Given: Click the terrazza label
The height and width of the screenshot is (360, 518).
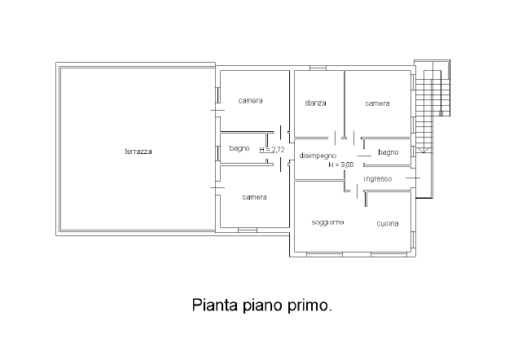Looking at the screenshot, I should tap(138, 151).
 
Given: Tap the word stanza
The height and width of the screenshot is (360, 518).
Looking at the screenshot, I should tap(315, 103).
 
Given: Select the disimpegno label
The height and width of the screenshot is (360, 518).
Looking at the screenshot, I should tap(318, 155).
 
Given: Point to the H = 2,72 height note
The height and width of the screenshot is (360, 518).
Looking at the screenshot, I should tap(272, 150).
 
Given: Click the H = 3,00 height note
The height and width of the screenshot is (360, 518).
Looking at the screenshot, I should tap(341, 165).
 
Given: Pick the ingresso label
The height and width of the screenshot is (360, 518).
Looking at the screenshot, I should tap(378, 178).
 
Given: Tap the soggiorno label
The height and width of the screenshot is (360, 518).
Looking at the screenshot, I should tap(327, 222).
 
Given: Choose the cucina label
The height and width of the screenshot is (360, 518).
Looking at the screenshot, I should tap(387, 223).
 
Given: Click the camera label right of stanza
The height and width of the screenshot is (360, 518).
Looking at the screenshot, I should tap(377, 103).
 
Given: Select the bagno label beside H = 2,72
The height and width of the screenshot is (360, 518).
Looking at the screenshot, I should tap(239, 148).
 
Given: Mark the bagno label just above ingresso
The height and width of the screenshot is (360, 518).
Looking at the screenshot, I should tap(388, 152).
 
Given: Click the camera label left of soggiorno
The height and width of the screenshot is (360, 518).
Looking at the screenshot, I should tap(254, 197).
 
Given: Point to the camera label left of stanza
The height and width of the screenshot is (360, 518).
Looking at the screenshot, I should tap(250, 101).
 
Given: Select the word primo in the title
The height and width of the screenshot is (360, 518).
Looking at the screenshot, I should tap(311, 306).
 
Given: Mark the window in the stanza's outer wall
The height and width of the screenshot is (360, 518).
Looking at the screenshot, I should tap(318, 67).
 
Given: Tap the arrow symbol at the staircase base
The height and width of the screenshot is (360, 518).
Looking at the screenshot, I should tap(421, 151).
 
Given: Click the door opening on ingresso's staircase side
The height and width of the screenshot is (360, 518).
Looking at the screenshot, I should tap(413, 178).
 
